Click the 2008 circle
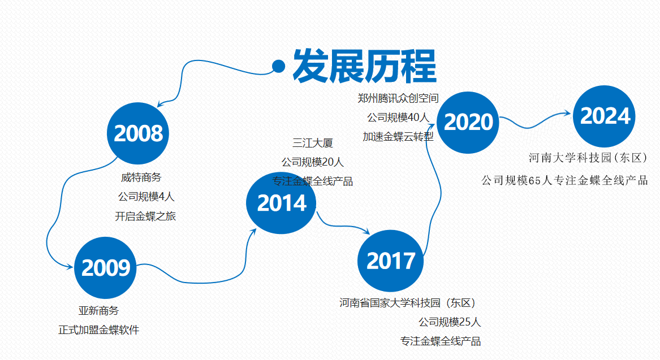click(x=138, y=133)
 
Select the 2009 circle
click(x=105, y=267)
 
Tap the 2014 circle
click(x=281, y=203)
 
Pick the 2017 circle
click(x=390, y=261)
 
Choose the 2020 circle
click(x=468, y=123)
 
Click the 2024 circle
click(x=605, y=116)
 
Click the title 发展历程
click(x=365, y=66)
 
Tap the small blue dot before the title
click(x=279, y=66)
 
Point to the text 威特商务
click(x=141, y=177)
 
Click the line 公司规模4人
click(x=146, y=197)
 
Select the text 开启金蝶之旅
click(x=145, y=216)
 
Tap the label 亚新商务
click(x=99, y=311)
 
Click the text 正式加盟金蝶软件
click(x=99, y=330)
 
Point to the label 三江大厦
click(x=313, y=143)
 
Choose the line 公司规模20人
click(x=313, y=162)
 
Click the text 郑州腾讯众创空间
click(x=398, y=98)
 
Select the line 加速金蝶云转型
click(x=398, y=137)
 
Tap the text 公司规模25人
click(x=450, y=322)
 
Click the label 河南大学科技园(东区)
click(x=588, y=158)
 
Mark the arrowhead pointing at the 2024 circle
click(x=567, y=113)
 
